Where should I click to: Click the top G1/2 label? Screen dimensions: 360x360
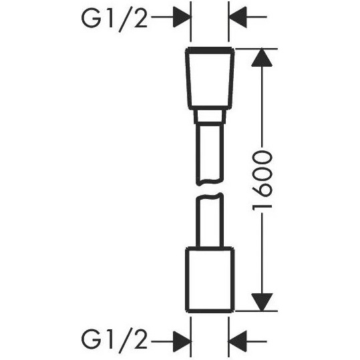pos(114,19)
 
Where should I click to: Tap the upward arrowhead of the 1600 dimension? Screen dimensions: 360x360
pos(262,57)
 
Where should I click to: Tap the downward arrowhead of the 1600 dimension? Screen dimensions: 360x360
pos(262,302)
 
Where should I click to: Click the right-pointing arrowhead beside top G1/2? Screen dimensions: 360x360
pos(182,17)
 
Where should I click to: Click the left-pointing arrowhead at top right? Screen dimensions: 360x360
pos(238,17)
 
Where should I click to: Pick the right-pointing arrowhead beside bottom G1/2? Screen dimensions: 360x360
pos(182,341)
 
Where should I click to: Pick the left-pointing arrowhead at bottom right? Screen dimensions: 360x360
pos(238,341)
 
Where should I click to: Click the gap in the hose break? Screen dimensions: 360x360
pos(210,189)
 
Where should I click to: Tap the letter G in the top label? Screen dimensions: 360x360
pos(92,19)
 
